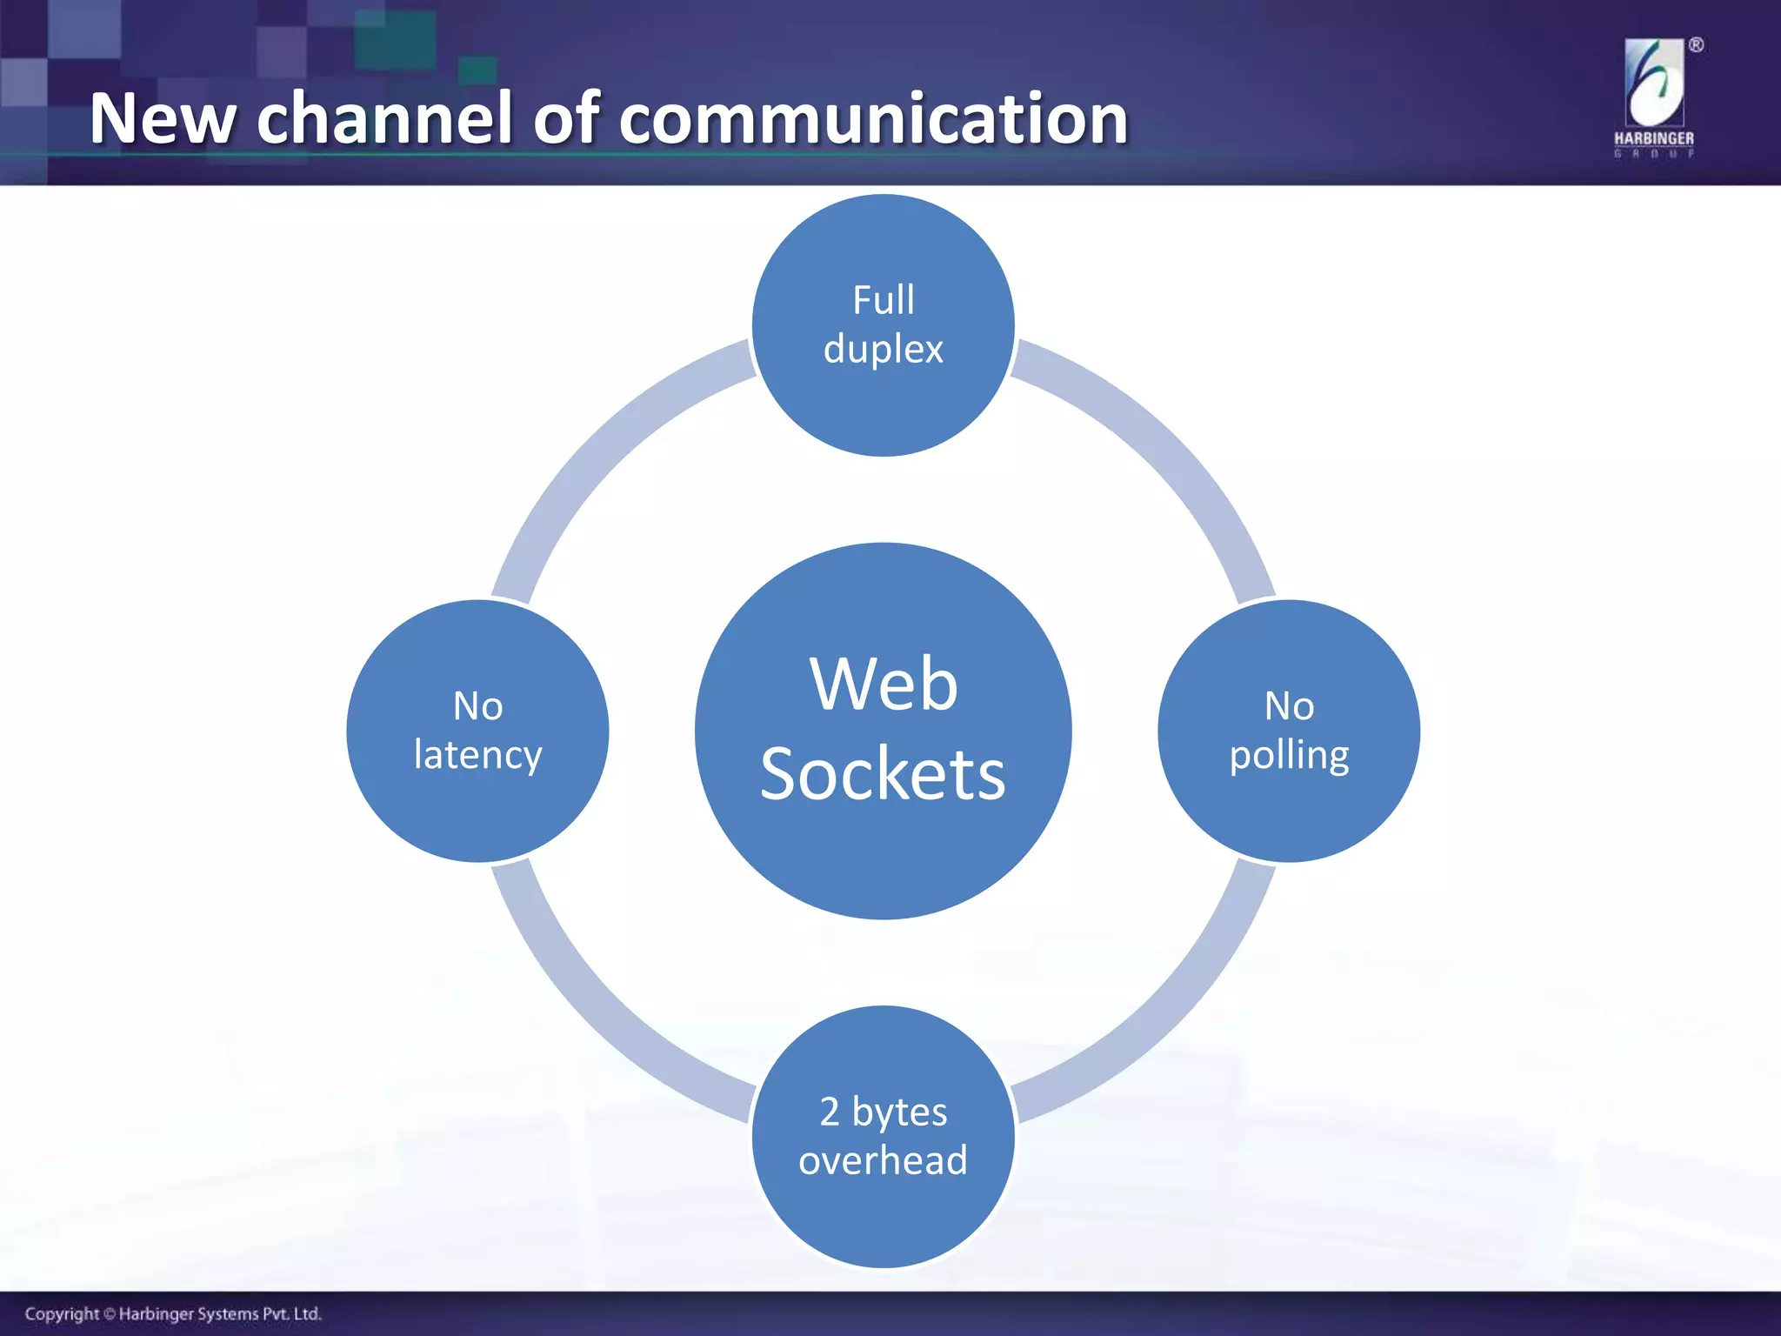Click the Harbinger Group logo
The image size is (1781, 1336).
point(1654,97)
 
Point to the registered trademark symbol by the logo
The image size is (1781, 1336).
point(1696,45)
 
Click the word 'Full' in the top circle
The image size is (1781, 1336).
point(883,300)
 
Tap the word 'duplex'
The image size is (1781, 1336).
point(883,350)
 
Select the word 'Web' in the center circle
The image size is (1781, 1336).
point(883,684)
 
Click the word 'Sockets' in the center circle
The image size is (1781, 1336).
point(883,774)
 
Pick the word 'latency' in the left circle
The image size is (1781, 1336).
point(477,755)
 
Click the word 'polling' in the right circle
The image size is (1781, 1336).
point(1289,755)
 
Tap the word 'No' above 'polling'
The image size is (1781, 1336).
point(1289,705)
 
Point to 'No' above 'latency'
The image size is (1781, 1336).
point(477,705)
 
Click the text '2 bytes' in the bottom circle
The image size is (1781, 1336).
point(883,1112)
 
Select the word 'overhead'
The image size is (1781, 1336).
point(883,1160)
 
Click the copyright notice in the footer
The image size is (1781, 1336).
point(173,1313)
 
